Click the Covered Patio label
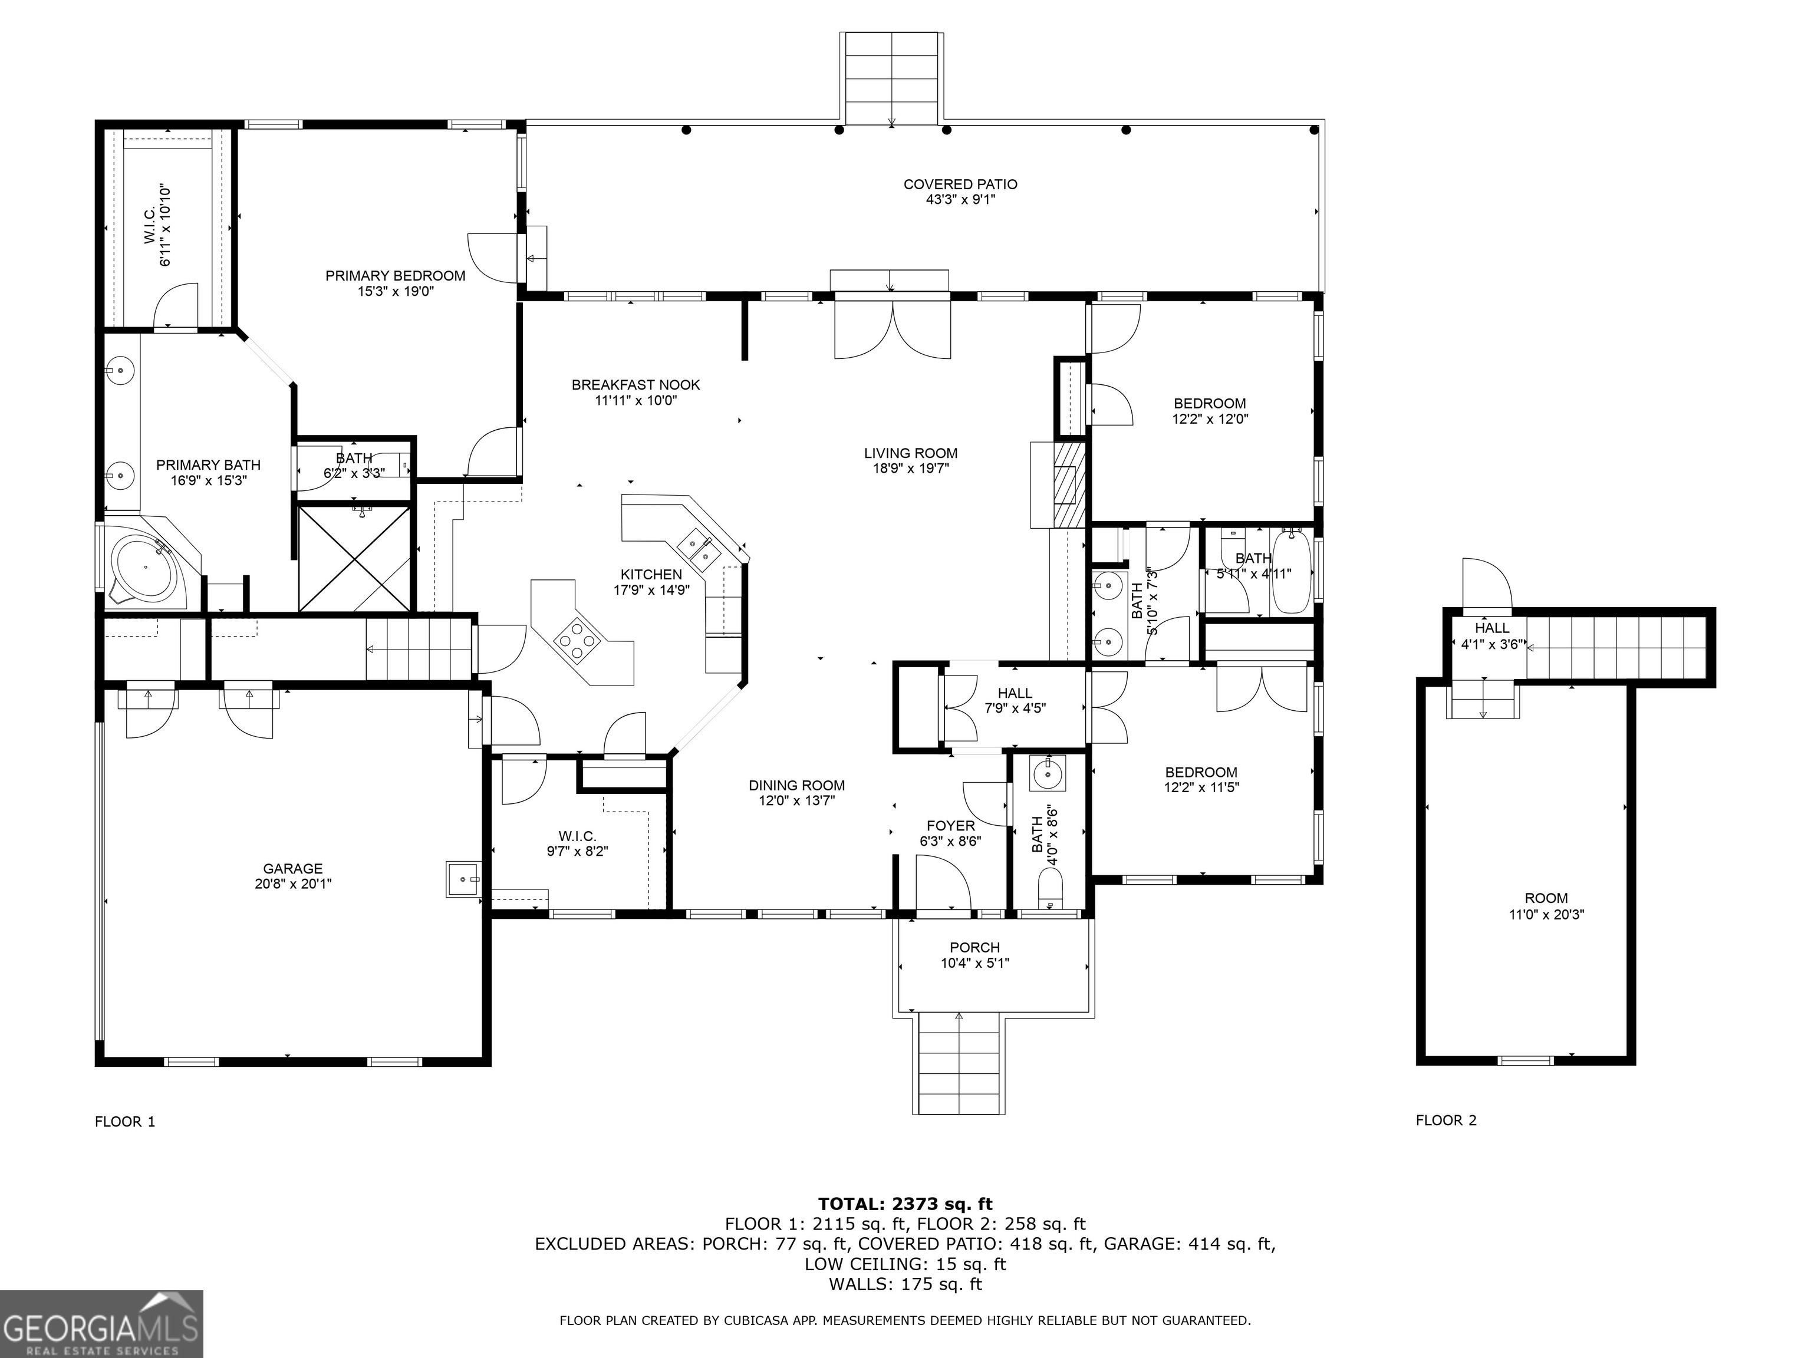pos(960,184)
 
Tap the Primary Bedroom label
pos(396,276)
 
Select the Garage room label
pos(293,869)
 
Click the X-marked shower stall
pos(354,558)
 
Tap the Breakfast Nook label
pos(636,385)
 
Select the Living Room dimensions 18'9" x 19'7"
pos(910,468)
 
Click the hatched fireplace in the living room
pos(1068,484)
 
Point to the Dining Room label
pos(796,786)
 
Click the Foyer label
pos(950,826)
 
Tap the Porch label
pos(975,948)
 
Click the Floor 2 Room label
pos(1546,898)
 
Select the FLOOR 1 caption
pos(125,1122)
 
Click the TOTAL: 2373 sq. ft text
pos(905,1204)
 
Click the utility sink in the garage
pos(464,879)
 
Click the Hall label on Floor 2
pos(1491,628)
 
